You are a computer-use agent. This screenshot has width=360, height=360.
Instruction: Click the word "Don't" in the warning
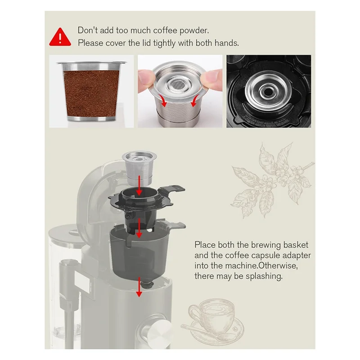point(87,31)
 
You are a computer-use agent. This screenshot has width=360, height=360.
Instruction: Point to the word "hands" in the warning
point(226,43)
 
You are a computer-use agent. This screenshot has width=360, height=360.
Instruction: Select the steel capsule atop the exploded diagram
point(140,167)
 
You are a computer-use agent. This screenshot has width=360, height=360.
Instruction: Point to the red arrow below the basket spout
point(139,292)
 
